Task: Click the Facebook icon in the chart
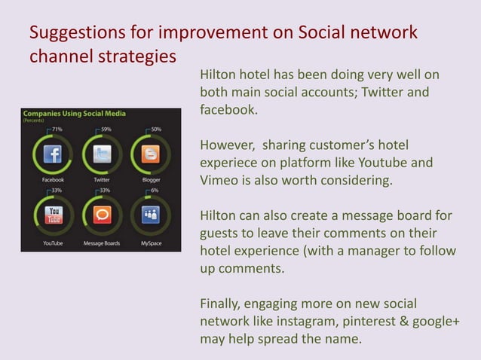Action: [52, 155]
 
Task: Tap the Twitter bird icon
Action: [102, 155]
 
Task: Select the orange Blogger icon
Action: [151, 155]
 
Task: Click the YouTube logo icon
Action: [53, 216]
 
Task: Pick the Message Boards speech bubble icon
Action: [102, 216]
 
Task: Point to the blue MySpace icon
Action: [151, 216]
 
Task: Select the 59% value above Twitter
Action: [106, 130]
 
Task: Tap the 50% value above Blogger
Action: [155, 130]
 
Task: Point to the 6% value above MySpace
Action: [155, 191]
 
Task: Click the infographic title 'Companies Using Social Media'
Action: [74, 114]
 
